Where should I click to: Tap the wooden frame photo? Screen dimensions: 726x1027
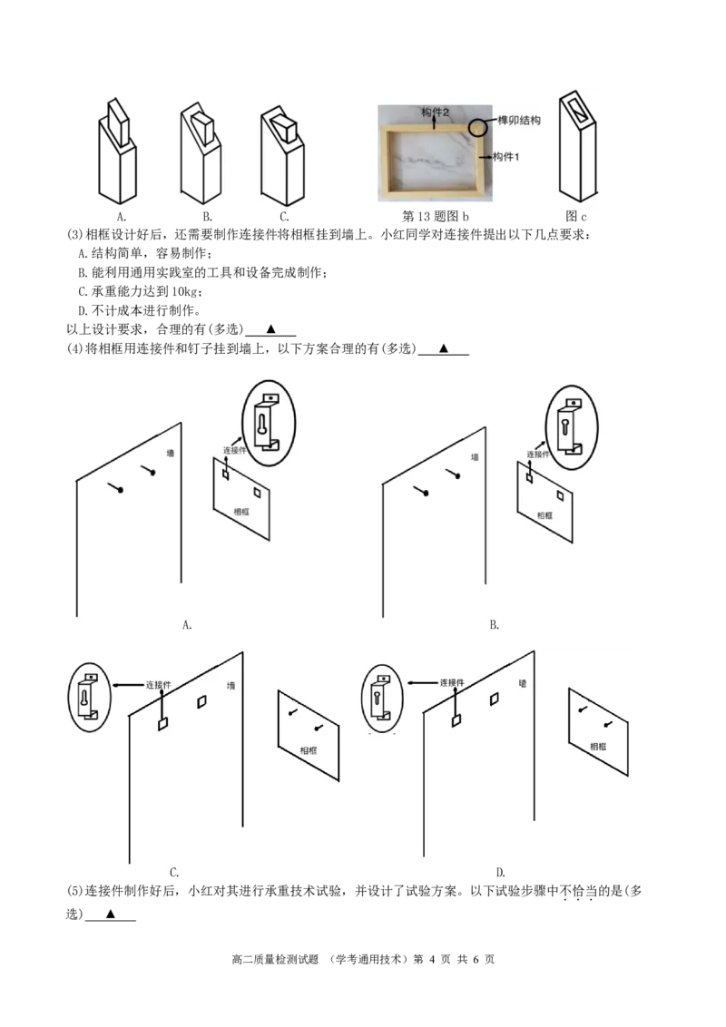(x=435, y=153)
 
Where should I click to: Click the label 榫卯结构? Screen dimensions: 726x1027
(x=519, y=121)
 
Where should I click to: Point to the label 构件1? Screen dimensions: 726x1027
(x=505, y=157)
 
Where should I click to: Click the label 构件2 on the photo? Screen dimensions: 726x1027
(x=435, y=112)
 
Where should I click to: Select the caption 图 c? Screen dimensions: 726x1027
(x=576, y=216)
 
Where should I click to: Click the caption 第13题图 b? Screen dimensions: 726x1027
(x=435, y=216)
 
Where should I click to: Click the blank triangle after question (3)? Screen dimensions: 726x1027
(x=270, y=328)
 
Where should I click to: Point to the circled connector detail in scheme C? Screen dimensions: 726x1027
(x=90, y=699)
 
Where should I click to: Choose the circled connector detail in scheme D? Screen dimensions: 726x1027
(x=383, y=699)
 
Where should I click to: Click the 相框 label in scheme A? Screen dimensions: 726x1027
(x=241, y=512)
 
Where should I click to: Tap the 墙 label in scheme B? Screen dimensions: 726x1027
(x=475, y=457)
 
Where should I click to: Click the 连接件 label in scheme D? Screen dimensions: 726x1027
(x=452, y=682)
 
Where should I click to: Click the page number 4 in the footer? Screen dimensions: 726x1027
(x=432, y=959)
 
